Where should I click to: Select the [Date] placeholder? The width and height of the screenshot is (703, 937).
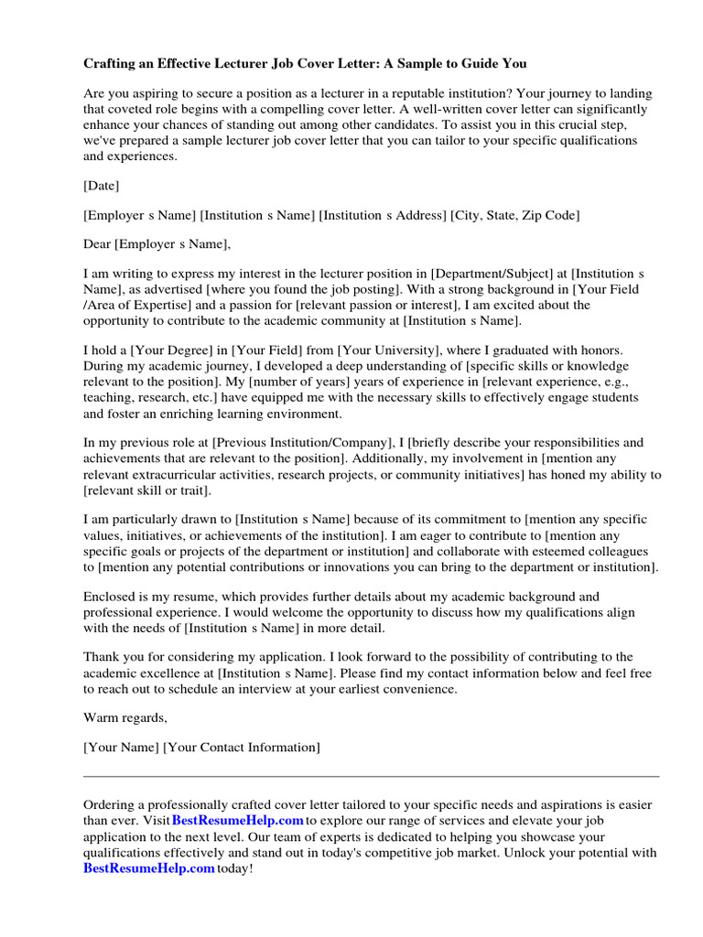[102, 186]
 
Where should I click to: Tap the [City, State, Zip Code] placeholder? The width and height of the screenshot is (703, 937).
[514, 215]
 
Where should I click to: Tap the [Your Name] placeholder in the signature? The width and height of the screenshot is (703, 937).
[121, 748]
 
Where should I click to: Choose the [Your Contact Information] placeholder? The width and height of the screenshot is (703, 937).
[242, 748]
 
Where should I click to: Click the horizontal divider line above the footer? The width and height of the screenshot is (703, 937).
[371, 776]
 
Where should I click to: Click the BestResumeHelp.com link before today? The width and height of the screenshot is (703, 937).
[149, 867]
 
